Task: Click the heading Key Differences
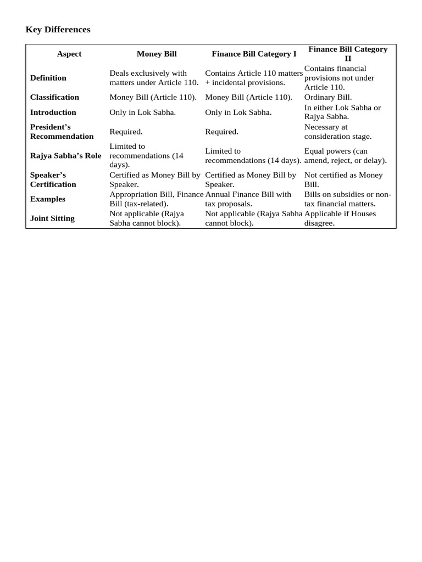pyautogui.click(x=58, y=30)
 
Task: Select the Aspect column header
pyautogui.click(x=69, y=54)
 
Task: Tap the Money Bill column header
pyautogui.click(x=157, y=54)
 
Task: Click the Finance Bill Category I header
pyautogui.click(x=254, y=54)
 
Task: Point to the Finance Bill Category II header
pyautogui.click(x=348, y=53)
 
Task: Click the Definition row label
pyautogui.click(x=48, y=78)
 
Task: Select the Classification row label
pyautogui.click(x=54, y=97)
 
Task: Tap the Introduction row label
pyautogui.click(x=53, y=113)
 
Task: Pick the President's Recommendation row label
pyautogui.click(x=62, y=132)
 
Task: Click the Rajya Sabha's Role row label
pyautogui.click(x=65, y=156)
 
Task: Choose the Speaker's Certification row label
pyautogui.click(x=53, y=179)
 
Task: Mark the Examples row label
pyautogui.click(x=48, y=199)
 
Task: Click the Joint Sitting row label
pyautogui.click(x=52, y=218)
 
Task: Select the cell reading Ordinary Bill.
pyautogui.click(x=328, y=97)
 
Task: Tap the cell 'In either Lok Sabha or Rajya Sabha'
pyautogui.click(x=342, y=112)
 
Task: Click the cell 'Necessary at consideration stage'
pyautogui.click(x=338, y=132)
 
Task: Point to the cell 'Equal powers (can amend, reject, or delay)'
pyautogui.click(x=346, y=156)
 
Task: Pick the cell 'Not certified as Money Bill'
pyautogui.click(x=343, y=179)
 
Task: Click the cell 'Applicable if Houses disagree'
pyautogui.click(x=340, y=218)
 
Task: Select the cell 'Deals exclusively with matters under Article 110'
pyautogui.click(x=154, y=78)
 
